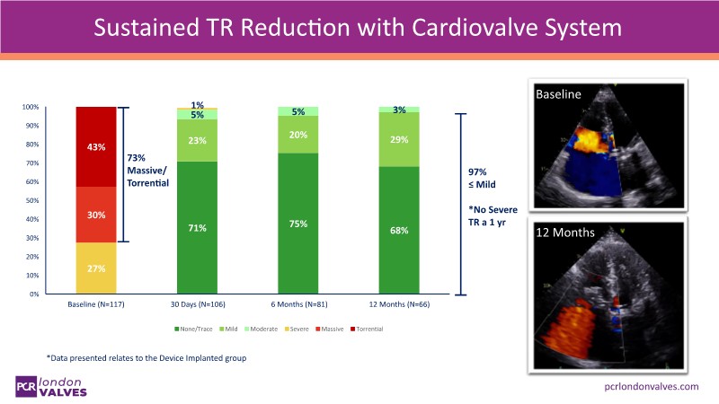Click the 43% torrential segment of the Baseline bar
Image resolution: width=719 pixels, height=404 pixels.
pyautogui.click(x=96, y=147)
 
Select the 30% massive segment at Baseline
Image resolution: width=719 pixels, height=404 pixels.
pyautogui.click(x=96, y=215)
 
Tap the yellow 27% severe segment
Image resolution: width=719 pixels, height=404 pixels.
pyautogui.click(x=96, y=268)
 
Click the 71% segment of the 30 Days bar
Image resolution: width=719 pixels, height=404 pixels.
pyautogui.click(x=199, y=228)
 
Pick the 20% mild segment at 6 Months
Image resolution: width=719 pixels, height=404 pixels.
pyautogui.click(x=299, y=135)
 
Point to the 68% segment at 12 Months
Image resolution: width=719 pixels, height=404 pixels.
pyautogui.click(x=399, y=231)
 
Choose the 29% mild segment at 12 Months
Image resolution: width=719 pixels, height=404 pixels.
pyautogui.click(x=399, y=139)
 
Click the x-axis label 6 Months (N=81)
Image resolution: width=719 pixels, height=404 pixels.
pyautogui.click(x=299, y=303)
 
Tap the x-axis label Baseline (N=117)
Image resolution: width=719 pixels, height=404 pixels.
pyautogui.click(x=96, y=303)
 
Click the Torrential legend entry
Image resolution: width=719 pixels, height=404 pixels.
pyautogui.click(x=368, y=329)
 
